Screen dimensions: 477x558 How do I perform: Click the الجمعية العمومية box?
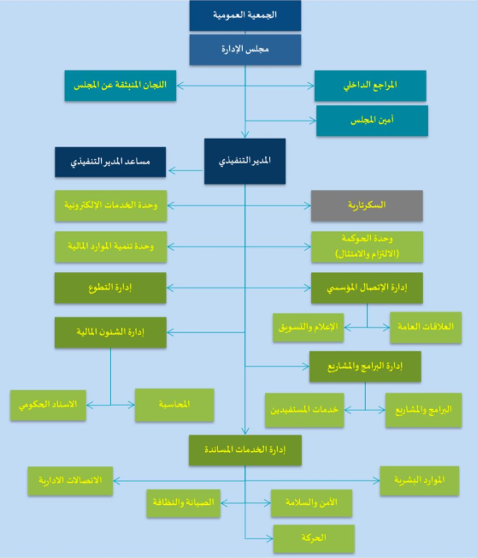point(244,15)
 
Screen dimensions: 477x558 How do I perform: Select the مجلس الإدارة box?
point(244,50)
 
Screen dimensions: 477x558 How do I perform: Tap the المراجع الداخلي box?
point(370,86)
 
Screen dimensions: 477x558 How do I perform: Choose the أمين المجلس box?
point(372,121)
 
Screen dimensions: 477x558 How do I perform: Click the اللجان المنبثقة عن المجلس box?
point(121,86)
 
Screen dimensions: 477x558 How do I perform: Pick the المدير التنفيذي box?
point(244,161)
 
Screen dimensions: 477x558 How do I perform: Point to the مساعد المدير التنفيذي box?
point(110,162)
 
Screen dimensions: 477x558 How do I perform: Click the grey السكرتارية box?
point(367,205)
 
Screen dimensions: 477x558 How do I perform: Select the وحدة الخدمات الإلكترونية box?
point(111,205)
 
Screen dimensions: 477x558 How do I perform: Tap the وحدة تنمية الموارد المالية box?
point(111,247)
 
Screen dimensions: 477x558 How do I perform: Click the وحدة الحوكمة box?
point(368,247)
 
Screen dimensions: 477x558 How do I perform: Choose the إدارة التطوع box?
point(110,288)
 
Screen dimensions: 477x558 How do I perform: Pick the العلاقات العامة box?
point(426,328)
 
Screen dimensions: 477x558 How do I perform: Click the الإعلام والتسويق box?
point(308,328)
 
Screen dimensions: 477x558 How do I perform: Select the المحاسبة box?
point(174,405)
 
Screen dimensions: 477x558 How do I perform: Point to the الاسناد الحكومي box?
point(48,406)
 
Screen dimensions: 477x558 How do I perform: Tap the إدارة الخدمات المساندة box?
point(245,450)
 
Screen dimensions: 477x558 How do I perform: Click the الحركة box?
point(314,538)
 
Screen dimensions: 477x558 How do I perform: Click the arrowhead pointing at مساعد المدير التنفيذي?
point(172,171)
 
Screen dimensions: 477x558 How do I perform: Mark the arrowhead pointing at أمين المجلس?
point(312,121)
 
